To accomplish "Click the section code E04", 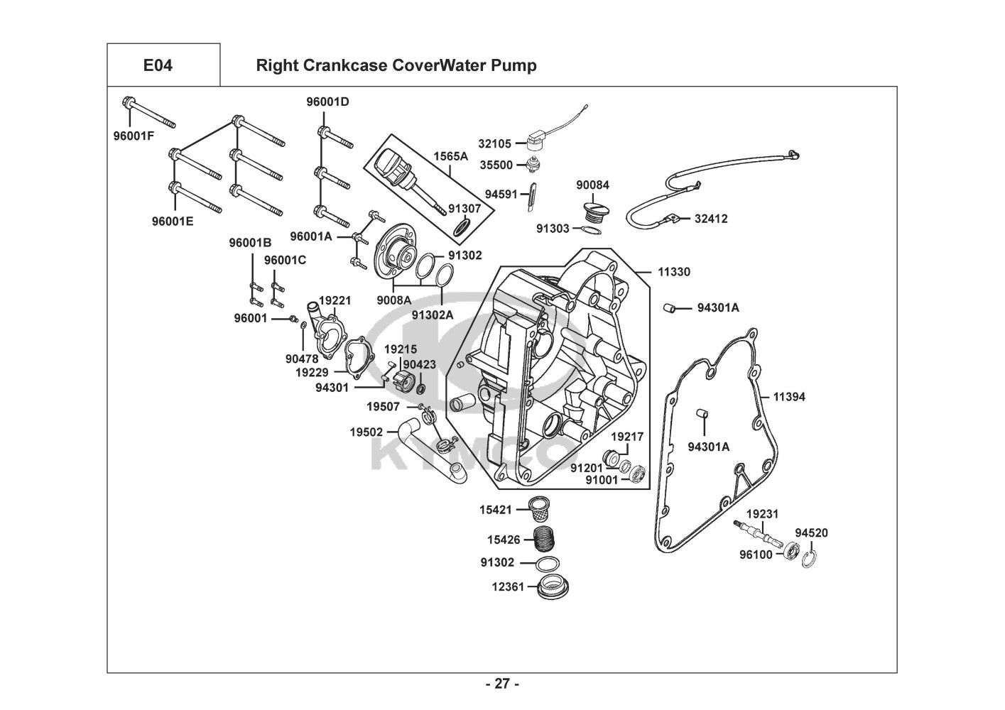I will click(x=158, y=66).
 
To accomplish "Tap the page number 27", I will click(x=502, y=684).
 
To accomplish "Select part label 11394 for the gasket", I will click(x=789, y=397).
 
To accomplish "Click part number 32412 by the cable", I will click(x=711, y=219).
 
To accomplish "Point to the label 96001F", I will click(x=134, y=136).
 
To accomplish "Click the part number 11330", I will click(x=673, y=272).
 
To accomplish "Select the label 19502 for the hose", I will click(x=366, y=432).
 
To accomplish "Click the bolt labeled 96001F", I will click(x=149, y=114).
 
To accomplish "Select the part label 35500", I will click(x=495, y=165).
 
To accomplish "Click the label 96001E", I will click(x=173, y=221).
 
